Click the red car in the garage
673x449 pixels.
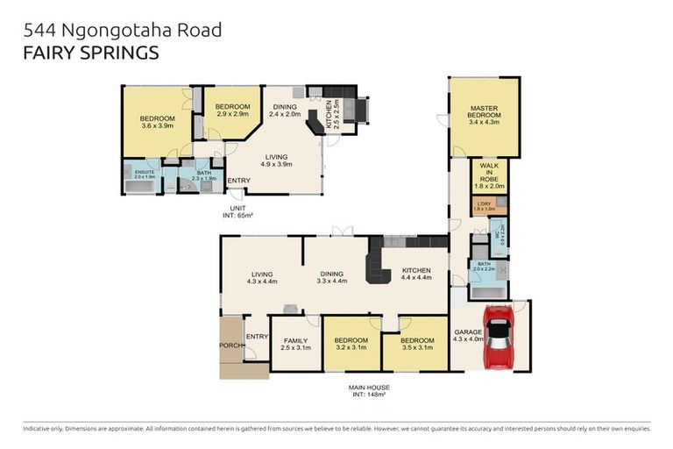point(498,337)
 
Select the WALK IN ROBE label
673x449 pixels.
point(488,175)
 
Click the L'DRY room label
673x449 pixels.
point(484,206)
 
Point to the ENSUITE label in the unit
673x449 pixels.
point(145,174)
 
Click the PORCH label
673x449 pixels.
point(230,346)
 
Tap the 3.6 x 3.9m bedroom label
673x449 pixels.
point(158,123)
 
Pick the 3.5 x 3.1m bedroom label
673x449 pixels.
point(417,345)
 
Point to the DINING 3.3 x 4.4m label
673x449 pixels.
point(332,276)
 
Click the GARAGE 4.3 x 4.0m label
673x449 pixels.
point(467,336)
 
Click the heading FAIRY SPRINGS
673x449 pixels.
point(91,53)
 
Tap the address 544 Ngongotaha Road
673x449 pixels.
point(123,30)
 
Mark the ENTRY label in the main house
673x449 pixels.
point(257,337)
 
